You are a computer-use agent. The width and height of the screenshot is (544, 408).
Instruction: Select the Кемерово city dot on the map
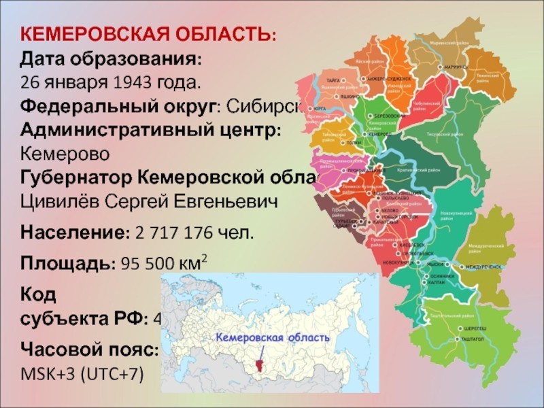362,134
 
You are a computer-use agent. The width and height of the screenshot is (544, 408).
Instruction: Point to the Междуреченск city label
483,267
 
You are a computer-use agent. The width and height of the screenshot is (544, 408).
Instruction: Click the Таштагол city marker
457,338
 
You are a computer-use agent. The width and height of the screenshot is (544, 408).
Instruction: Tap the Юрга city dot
312,109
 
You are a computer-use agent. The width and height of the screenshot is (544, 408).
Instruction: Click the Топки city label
354,143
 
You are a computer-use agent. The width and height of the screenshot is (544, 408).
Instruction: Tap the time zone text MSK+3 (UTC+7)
82,373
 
